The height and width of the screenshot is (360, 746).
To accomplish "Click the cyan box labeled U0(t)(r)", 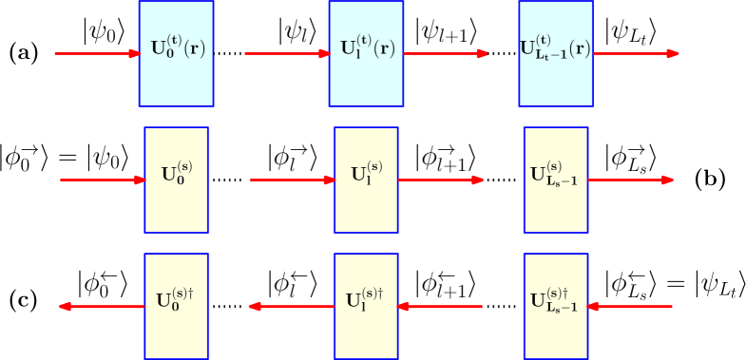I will click(x=176, y=53).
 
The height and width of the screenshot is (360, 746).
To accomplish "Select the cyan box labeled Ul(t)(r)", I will click(x=366, y=53).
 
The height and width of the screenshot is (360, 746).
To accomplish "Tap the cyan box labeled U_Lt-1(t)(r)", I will click(x=555, y=53).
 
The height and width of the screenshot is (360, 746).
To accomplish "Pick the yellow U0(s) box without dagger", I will click(x=176, y=180).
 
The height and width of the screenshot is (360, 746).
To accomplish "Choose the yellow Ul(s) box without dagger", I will click(x=366, y=180).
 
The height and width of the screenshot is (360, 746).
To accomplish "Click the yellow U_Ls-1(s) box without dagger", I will click(x=555, y=180).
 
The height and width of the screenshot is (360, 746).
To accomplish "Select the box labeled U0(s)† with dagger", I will click(x=176, y=306).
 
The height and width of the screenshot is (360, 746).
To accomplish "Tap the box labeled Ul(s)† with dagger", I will click(x=366, y=306).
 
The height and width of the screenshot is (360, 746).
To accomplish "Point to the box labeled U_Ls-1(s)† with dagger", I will click(x=555, y=306).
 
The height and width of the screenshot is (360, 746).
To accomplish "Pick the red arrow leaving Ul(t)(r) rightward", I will click(x=445, y=53).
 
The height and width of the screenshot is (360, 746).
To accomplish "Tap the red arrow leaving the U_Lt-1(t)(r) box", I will click(x=636, y=53).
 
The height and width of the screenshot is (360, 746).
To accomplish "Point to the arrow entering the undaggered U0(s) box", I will click(x=103, y=180).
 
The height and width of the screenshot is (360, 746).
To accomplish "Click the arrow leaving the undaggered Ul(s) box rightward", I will click(x=441, y=180).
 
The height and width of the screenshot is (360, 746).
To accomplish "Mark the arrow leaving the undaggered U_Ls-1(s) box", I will click(x=631, y=180).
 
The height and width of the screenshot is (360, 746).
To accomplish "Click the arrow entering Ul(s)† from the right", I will click(x=440, y=306).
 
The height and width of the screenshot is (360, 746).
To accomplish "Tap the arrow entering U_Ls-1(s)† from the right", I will click(x=630, y=306).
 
